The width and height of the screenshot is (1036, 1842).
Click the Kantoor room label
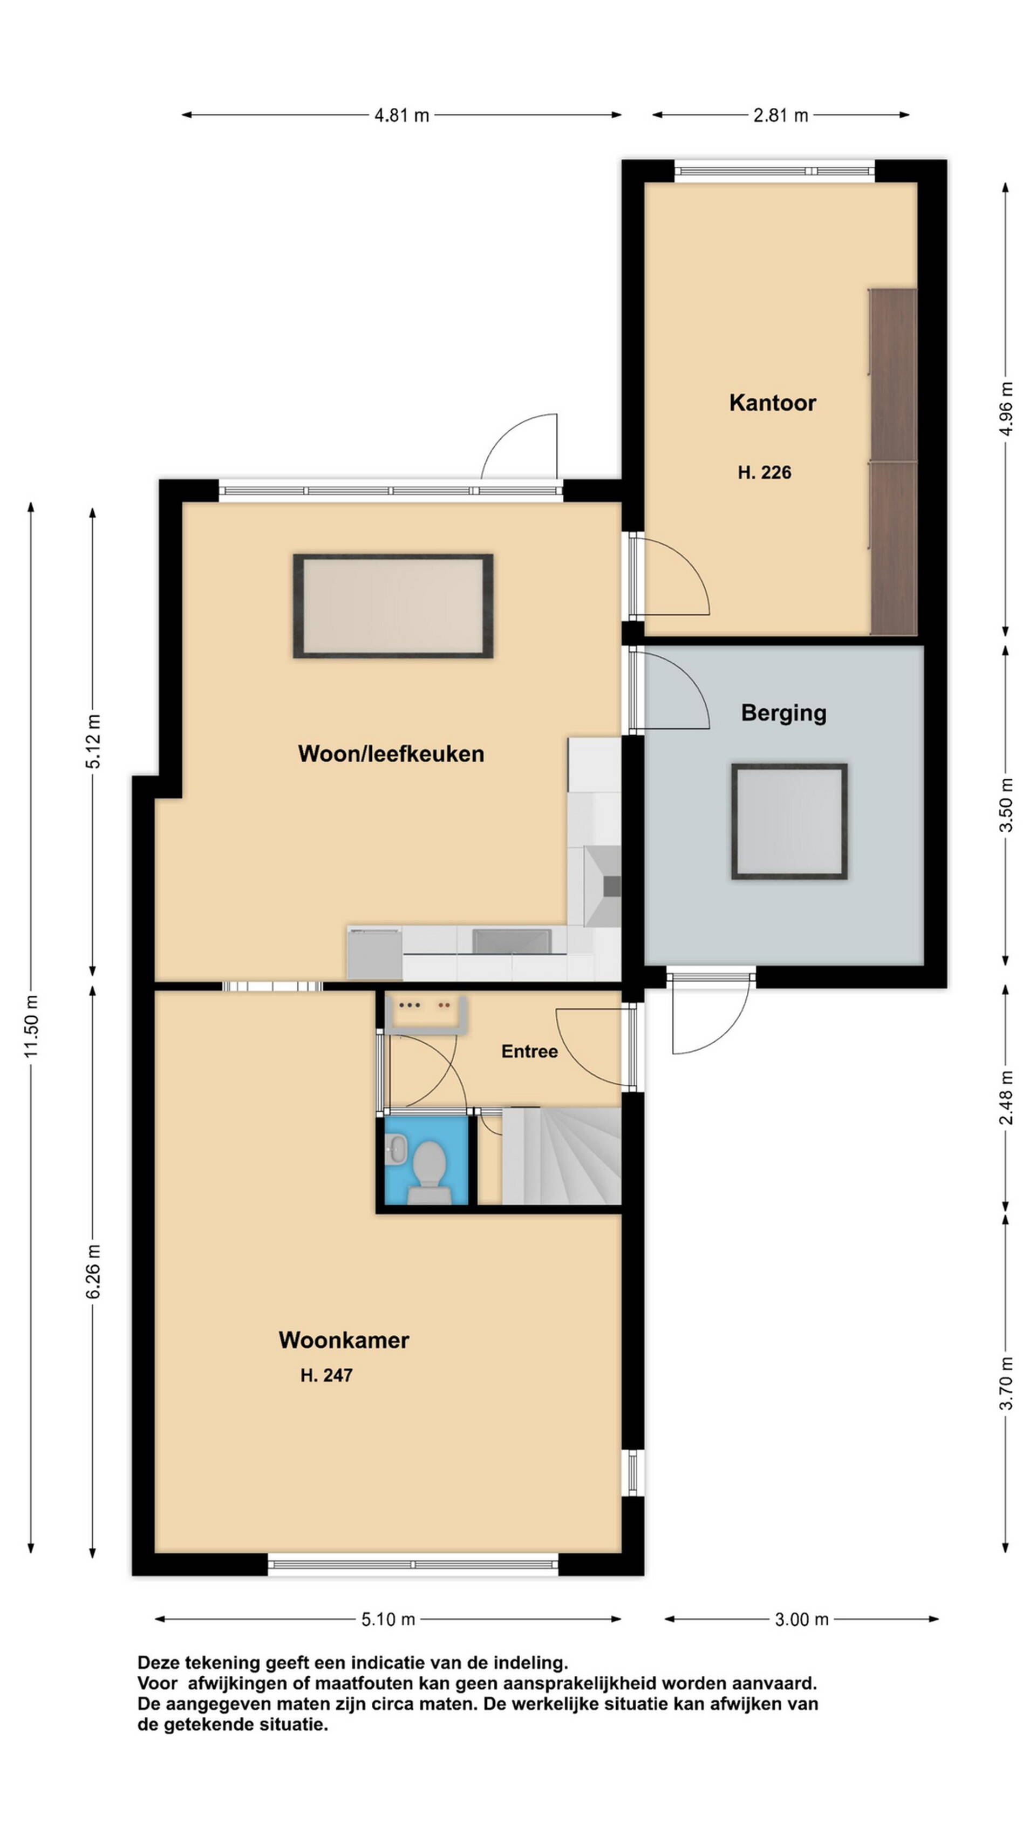pyautogui.click(x=772, y=403)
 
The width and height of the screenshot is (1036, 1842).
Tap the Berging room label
pyautogui.click(x=783, y=713)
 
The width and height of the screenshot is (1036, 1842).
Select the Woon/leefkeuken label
pyautogui.click(x=391, y=753)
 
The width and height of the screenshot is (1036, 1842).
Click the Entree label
pyautogui.click(x=529, y=1051)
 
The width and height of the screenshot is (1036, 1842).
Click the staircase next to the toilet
pyautogui.click(x=561, y=1156)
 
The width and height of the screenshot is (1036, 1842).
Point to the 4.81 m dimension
pyautogui.click(x=402, y=115)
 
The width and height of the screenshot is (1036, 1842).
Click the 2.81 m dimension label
pyautogui.click(x=781, y=115)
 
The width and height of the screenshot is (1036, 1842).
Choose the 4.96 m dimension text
pyautogui.click(x=1006, y=409)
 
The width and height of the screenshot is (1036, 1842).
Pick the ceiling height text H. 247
pyautogui.click(x=326, y=1375)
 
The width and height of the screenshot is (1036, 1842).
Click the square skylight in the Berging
pyautogui.click(x=789, y=821)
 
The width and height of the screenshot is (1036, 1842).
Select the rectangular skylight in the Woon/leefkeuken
pyautogui.click(x=393, y=606)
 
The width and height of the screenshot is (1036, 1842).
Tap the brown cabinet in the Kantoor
pyautogui.click(x=893, y=461)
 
